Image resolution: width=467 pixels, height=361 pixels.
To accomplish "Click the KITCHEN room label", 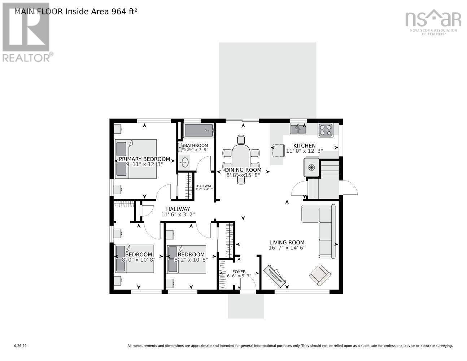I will click(x=304, y=145).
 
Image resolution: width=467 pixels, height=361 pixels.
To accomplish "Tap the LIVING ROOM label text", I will click(x=287, y=243).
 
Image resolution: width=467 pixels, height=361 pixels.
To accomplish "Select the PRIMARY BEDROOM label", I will click(x=144, y=159).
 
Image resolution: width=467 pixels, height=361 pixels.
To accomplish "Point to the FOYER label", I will click(x=239, y=272).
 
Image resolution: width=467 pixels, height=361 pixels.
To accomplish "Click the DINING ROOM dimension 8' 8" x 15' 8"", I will click(x=243, y=175).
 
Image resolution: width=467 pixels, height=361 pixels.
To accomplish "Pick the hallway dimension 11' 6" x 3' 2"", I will click(x=178, y=214).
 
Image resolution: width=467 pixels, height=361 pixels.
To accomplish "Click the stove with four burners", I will click(x=325, y=130).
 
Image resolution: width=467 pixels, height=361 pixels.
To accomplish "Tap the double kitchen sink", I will click(x=298, y=128).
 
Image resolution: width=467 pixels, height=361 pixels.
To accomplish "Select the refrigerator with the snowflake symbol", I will click(x=311, y=168).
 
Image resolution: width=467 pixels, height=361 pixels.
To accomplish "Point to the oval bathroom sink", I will click(x=185, y=162).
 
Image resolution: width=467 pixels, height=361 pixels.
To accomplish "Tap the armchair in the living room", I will click(x=320, y=275).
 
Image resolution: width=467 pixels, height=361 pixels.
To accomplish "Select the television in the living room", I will click(x=274, y=277).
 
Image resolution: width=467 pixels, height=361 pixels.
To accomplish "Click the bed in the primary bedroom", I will click(x=136, y=159).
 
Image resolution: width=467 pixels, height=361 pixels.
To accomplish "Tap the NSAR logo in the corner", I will click(x=433, y=20).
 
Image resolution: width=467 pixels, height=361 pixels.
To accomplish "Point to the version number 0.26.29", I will click(x=20, y=346).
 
